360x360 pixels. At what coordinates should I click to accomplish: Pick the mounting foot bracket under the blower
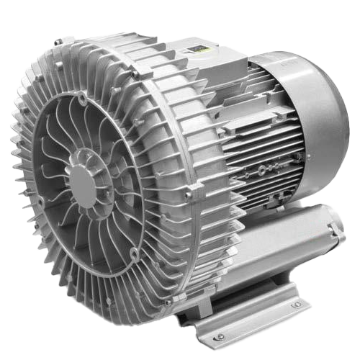[245, 317]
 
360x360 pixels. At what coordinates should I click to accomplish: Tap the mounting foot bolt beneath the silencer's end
[296, 305]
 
